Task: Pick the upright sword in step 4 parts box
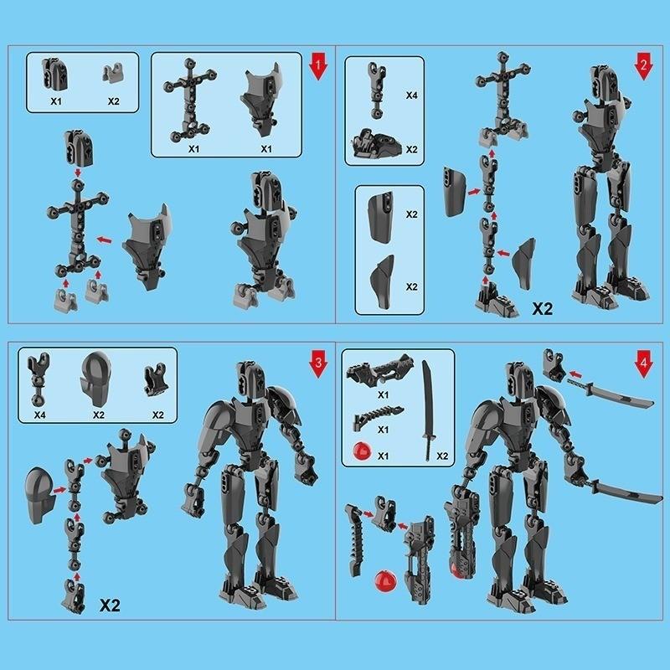click(430, 410)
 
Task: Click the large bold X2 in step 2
click(544, 308)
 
